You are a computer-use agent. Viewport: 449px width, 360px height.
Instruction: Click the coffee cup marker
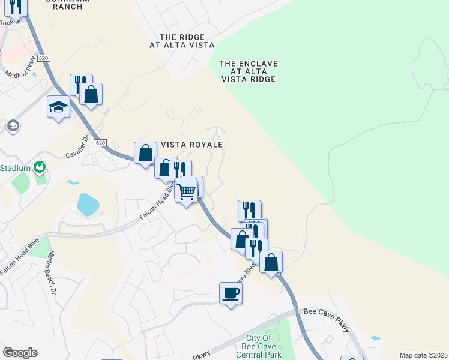[x=231, y=293]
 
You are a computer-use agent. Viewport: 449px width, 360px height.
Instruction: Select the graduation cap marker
[x=58, y=107]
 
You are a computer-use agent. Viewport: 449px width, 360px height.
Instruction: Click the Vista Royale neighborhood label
[x=192, y=145]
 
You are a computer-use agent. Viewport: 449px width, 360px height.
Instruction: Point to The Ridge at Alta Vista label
[x=182, y=40]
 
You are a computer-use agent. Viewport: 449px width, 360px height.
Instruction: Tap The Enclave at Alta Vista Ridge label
[x=249, y=71]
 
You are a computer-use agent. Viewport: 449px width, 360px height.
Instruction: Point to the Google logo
[x=20, y=353]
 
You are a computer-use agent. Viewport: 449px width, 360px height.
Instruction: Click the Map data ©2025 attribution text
[x=423, y=355]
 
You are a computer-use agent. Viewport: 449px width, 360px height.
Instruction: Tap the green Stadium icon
[x=40, y=167]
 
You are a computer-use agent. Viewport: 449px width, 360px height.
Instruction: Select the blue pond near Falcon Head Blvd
[x=88, y=205]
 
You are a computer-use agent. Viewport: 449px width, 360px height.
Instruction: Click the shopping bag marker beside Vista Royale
[x=146, y=154]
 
